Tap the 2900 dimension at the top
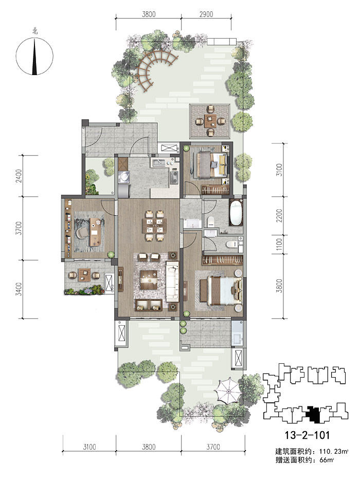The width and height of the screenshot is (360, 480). pos(206,14)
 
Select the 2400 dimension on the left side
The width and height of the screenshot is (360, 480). pos(19,176)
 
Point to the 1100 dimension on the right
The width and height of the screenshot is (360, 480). pos(279,244)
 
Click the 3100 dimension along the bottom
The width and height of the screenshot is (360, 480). pos(89,447)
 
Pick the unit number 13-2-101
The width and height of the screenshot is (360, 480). pos(307,435)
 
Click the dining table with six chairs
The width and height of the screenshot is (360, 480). pos(154,226)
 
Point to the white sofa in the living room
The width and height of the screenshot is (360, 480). pos(172,281)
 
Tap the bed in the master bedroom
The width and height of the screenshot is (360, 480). pos(221,291)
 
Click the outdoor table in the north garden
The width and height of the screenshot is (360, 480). pos(210,121)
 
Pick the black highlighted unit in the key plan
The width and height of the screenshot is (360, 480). pos(313,415)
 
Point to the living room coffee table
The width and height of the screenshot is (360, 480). pos(149,279)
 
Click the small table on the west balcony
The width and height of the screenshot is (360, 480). pos(84,275)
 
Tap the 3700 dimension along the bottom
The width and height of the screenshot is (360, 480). pos(213,447)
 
